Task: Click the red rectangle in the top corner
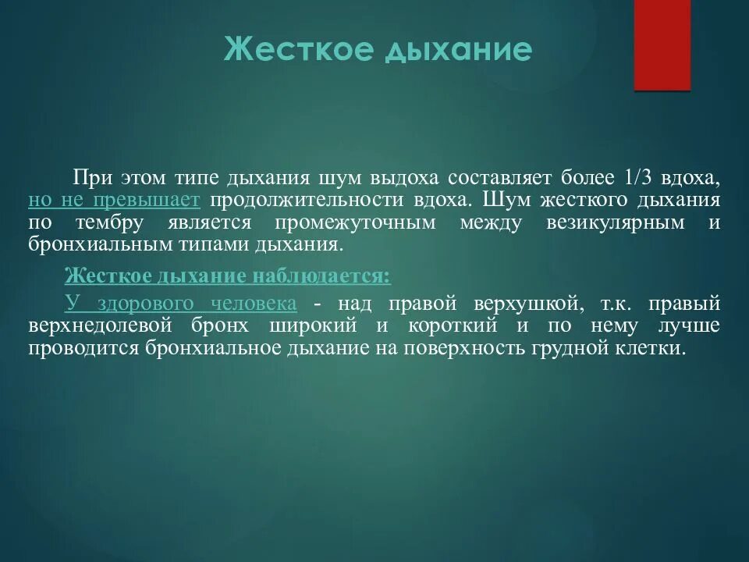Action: tap(662, 45)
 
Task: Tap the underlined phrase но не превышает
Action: tap(114, 200)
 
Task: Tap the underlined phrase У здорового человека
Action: tap(180, 303)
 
